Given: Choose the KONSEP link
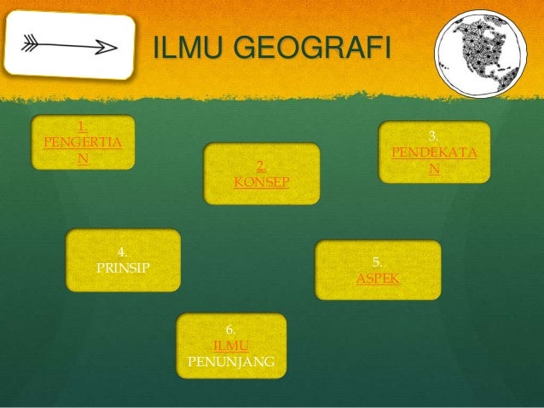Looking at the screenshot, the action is (261, 182).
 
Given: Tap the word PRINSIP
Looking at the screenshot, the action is (123, 267).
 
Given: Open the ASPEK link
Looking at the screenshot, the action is (378, 279).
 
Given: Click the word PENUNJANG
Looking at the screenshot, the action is (230, 361).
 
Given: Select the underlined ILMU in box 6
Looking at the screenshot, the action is (230, 346).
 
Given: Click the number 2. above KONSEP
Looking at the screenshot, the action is (261, 166).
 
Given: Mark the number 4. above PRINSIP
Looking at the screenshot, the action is (123, 251).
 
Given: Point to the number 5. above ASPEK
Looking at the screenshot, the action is (378, 263).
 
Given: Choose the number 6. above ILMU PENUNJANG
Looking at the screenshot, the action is (230, 330).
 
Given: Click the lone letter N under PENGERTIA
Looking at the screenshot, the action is (82, 158).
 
